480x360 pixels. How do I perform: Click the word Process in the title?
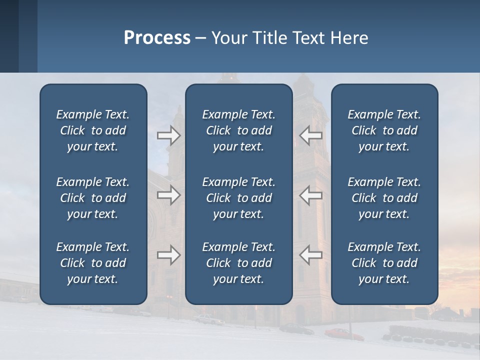157,38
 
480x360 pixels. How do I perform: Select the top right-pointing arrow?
169,135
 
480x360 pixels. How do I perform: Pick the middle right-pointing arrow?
169,194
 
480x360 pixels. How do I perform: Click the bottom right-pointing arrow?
169,254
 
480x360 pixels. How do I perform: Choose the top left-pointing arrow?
310,135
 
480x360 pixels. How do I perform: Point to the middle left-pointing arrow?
310,194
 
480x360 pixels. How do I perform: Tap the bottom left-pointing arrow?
310,254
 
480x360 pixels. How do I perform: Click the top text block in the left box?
93,130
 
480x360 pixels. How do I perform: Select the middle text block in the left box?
93,198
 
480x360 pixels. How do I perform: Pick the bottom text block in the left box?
93,263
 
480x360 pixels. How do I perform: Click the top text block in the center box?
239,130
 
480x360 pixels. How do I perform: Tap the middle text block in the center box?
239,198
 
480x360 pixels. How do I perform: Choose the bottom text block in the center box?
239,263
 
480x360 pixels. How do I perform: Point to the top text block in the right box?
384,130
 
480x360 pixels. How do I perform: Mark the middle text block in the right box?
384,198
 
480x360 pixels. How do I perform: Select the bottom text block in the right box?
384,263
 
